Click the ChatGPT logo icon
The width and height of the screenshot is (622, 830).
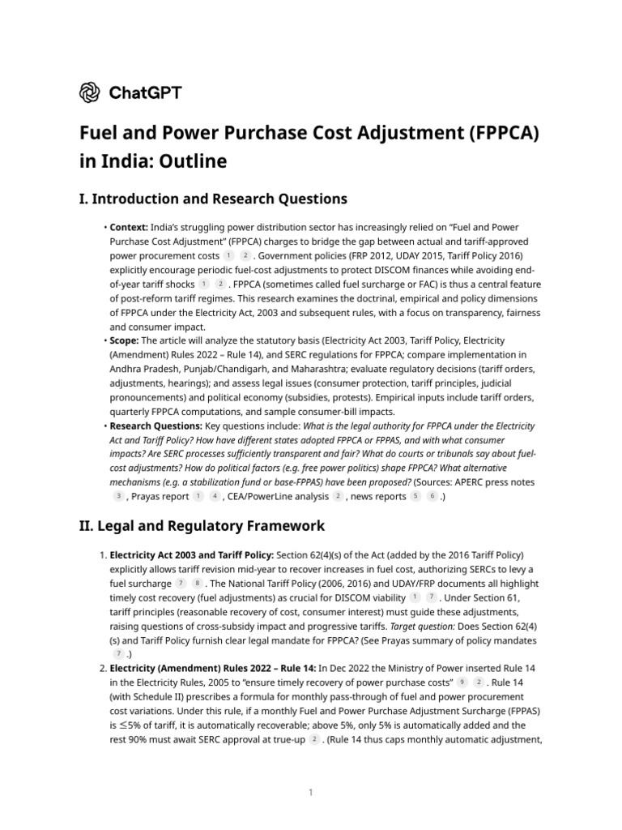pyautogui.click(x=89, y=92)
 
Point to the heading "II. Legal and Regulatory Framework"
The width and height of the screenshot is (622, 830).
pyautogui.click(x=202, y=525)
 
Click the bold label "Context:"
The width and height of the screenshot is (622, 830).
pyautogui.click(x=128, y=227)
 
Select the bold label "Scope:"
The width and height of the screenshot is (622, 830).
pyautogui.click(x=124, y=340)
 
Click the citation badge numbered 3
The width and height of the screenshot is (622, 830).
pyautogui.click(x=119, y=496)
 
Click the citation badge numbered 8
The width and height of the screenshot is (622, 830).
pyautogui.click(x=198, y=583)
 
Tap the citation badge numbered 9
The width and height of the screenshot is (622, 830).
pyautogui.click(x=462, y=682)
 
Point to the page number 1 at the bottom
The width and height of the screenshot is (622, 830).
pyautogui.click(x=310, y=793)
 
